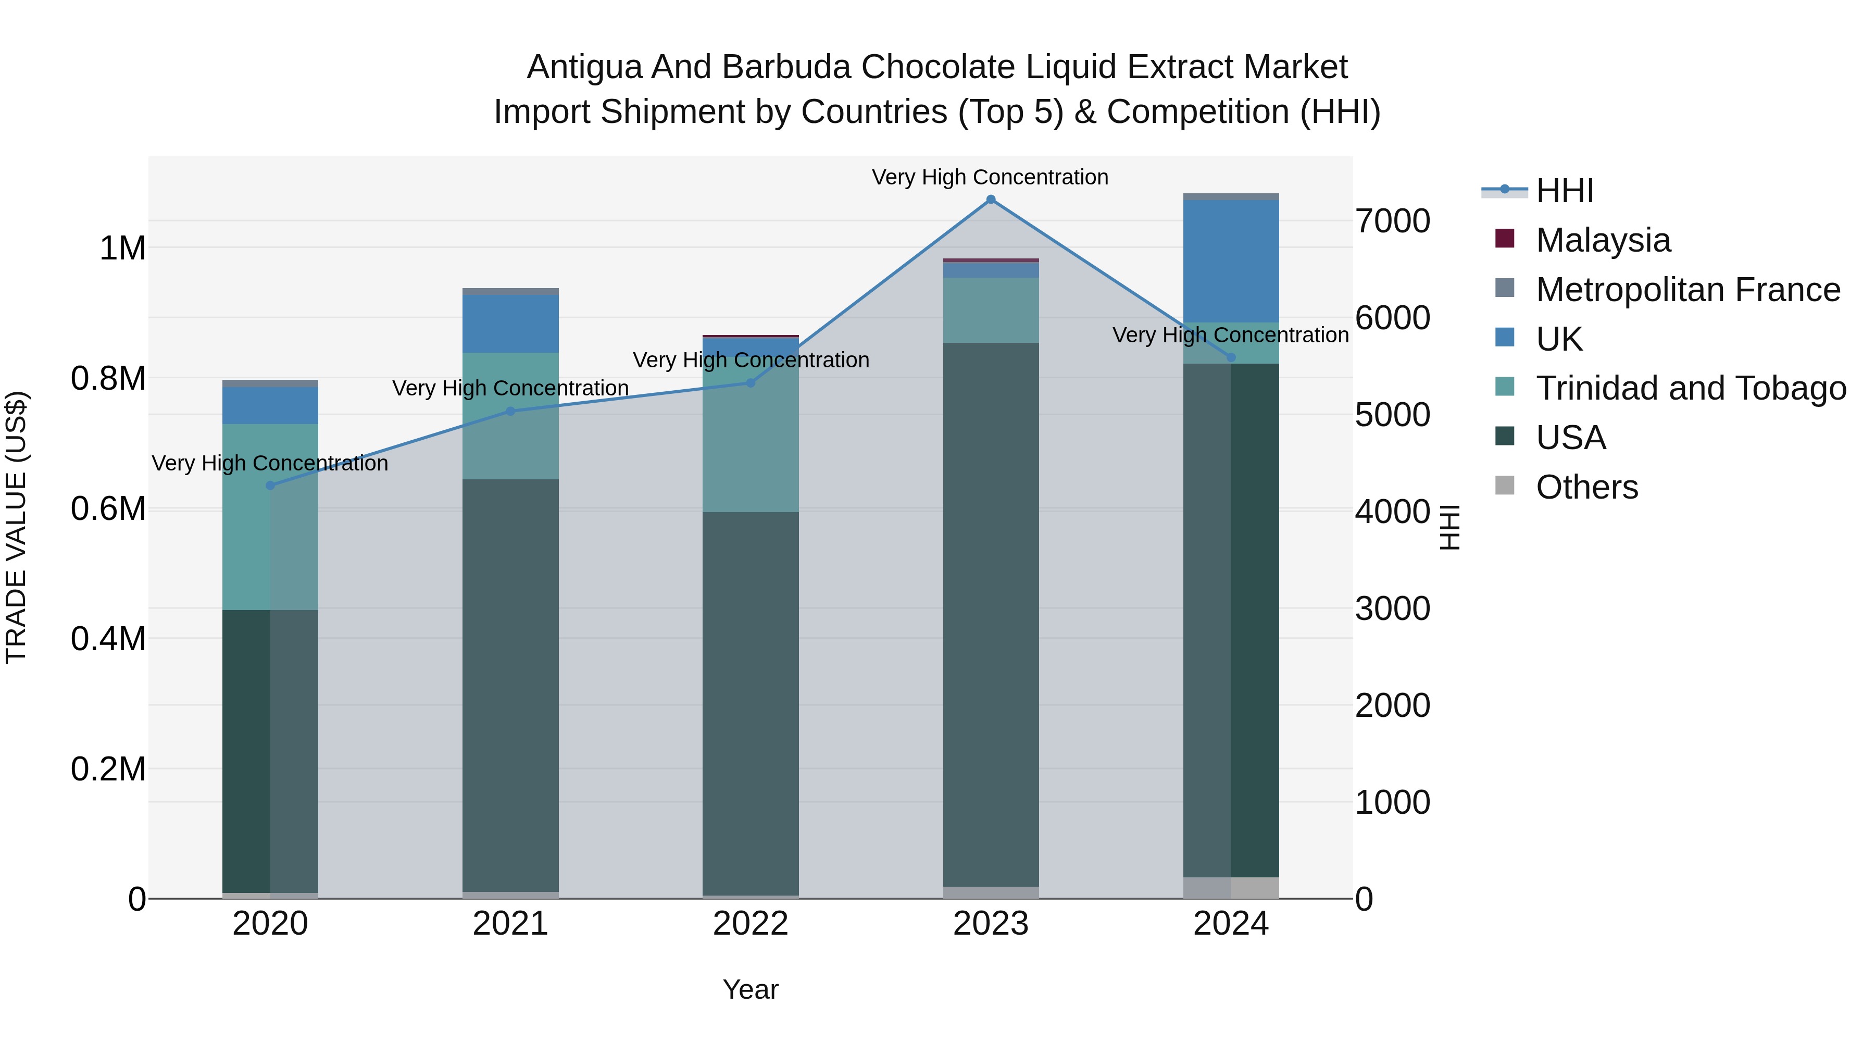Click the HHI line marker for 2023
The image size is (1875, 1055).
(x=991, y=200)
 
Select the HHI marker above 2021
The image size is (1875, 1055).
(x=510, y=412)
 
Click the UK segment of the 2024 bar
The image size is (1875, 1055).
(x=1231, y=260)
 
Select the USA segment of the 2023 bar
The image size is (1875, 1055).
(x=991, y=615)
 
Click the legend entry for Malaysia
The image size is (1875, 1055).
(x=1602, y=240)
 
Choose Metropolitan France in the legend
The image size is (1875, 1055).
(x=1687, y=290)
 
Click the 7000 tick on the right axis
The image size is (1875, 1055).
(x=1392, y=221)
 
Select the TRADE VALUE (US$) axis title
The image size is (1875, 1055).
(x=16, y=527)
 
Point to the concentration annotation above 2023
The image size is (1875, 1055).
(x=990, y=177)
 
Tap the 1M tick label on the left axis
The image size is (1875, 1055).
(x=122, y=249)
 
